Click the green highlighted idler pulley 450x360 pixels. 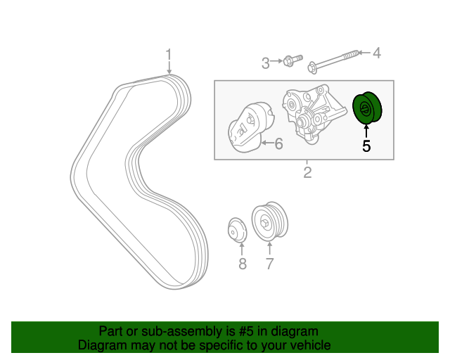(366, 108)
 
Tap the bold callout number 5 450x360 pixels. (366, 146)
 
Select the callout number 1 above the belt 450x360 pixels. (168, 54)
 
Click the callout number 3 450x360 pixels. (266, 64)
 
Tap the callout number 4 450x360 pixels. (375, 53)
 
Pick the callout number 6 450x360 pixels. (278, 144)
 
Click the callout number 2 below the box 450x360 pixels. (307, 172)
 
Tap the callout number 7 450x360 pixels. (269, 264)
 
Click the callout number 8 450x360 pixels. (242, 264)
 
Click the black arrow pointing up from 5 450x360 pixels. (366, 130)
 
